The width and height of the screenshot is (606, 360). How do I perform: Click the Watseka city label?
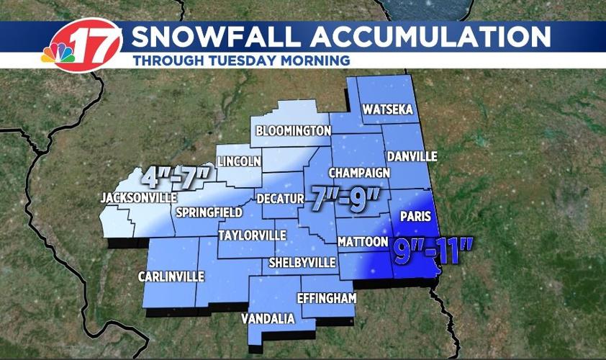[x=389, y=110]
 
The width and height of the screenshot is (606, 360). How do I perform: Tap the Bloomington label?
[x=293, y=131]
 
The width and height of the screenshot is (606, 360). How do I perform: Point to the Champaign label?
[x=359, y=173]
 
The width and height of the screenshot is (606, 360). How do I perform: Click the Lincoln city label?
[x=239, y=161]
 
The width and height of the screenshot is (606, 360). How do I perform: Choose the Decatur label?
[x=276, y=198]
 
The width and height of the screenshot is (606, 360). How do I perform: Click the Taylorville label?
[x=252, y=235]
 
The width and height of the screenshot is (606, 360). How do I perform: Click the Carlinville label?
[x=172, y=276]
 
